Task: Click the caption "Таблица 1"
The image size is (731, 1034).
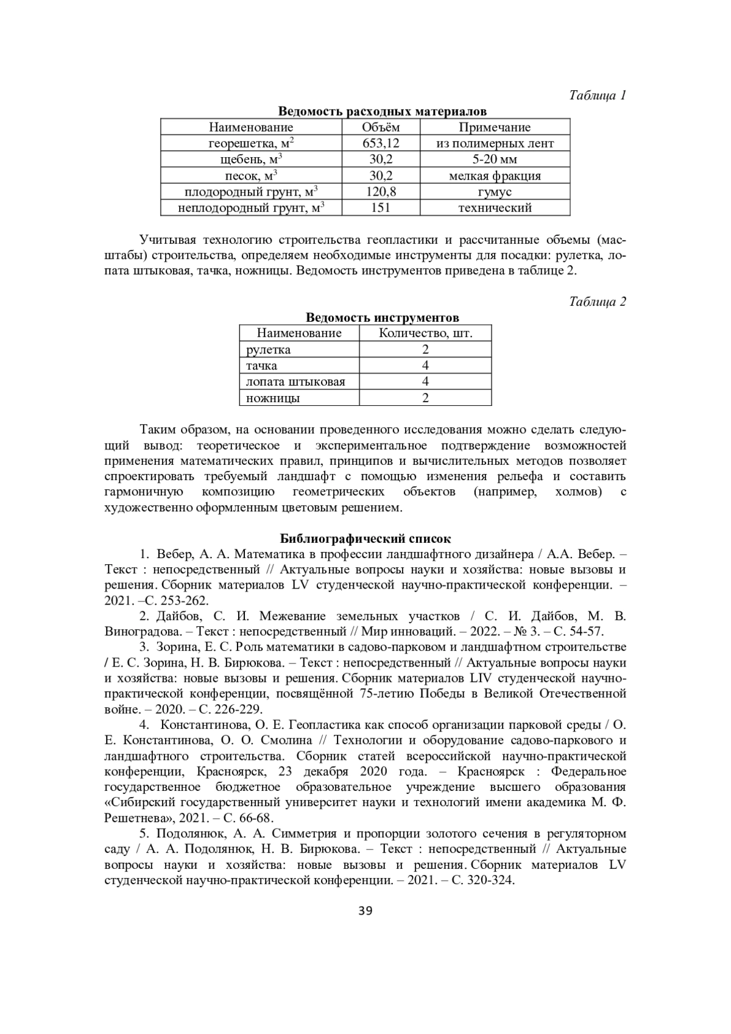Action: (598, 96)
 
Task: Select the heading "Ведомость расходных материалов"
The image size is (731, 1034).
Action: (382, 112)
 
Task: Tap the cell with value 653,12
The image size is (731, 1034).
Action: (381, 144)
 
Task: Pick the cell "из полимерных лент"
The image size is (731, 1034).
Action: (495, 144)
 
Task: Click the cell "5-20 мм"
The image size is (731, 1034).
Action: (495, 160)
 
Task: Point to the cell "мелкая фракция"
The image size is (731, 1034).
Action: (495, 176)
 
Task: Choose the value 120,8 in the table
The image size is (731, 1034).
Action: (381, 192)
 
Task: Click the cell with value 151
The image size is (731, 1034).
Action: (381, 208)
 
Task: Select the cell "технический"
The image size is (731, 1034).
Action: (495, 208)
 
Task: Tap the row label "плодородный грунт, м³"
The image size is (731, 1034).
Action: (251, 192)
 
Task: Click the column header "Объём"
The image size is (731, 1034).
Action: (381, 127)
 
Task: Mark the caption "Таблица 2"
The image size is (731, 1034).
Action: (598, 302)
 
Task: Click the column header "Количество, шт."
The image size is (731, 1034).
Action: (425, 333)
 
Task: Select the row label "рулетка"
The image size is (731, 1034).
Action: (269, 350)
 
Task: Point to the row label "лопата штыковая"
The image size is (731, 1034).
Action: (295, 382)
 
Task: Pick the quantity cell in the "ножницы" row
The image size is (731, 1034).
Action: (425, 398)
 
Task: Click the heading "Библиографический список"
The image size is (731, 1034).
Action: (365, 539)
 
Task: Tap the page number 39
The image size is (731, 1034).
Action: (365, 911)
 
